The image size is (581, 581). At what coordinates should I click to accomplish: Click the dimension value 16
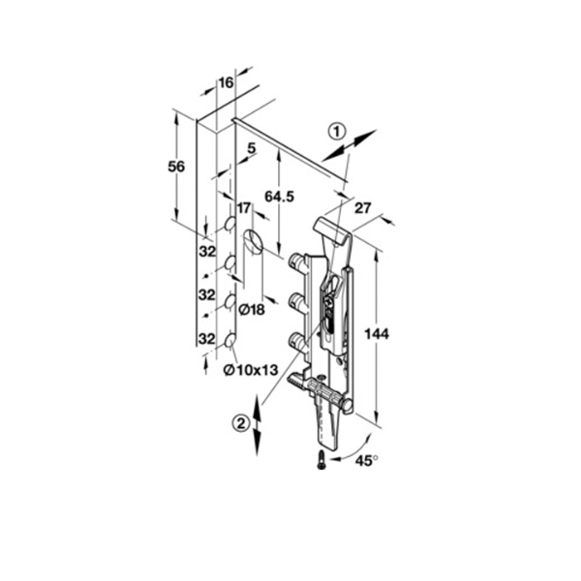226,82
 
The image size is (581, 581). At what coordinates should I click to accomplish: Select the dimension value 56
176,167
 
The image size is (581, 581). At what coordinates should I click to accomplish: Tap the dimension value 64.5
279,197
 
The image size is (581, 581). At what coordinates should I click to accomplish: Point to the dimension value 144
377,334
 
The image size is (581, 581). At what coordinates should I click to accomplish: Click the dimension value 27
362,208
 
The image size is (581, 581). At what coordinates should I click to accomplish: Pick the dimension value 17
244,208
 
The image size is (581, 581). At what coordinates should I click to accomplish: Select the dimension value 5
251,148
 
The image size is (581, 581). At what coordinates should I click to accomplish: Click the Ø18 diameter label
252,310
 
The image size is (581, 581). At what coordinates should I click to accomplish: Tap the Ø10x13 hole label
251,370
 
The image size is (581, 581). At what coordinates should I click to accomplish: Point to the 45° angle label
367,461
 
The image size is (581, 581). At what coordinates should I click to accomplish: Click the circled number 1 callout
337,132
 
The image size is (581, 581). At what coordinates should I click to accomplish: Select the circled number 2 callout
241,423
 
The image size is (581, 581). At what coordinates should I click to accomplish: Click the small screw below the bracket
321,460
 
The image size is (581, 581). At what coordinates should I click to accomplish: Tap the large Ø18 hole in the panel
253,241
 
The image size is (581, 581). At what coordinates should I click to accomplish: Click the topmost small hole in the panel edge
229,224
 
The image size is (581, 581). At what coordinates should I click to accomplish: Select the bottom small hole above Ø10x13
229,340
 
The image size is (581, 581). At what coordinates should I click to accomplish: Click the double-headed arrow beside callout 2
258,425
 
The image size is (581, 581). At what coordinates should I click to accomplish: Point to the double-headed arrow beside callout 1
349,145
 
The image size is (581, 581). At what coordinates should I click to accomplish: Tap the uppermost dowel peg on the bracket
296,260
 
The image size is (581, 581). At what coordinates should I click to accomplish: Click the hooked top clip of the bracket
333,229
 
